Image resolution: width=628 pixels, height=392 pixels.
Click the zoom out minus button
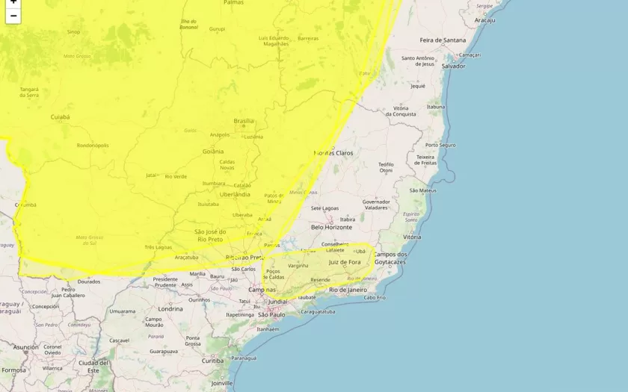(x=13, y=16)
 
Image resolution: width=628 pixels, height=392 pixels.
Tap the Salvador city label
(x=453, y=66)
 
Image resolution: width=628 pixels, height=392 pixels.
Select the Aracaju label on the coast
(x=484, y=20)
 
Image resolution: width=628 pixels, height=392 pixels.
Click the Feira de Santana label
(x=443, y=40)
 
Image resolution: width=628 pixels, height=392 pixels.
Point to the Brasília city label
(x=244, y=121)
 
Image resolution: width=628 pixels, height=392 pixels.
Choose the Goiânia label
(x=213, y=151)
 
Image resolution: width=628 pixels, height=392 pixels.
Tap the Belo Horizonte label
(x=331, y=227)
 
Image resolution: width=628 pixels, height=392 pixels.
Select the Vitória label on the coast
(x=412, y=237)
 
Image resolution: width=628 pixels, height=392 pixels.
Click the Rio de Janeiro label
(x=348, y=290)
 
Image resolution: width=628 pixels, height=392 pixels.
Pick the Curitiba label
(x=212, y=361)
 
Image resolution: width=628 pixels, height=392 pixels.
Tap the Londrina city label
(x=170, y=308)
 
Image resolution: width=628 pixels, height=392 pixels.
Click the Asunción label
(x=25, y=347)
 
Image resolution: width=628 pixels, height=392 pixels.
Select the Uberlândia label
(x=235, y=194)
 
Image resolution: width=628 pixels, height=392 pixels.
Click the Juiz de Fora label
(x=345, y=262)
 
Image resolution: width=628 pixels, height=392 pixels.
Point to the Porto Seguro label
(x=440, y=145)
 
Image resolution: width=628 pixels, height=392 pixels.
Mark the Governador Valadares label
(x=376, y=205)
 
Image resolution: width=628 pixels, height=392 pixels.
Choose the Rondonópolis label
(x=93, y=146)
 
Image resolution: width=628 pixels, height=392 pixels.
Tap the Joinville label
(x=221, y=383)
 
